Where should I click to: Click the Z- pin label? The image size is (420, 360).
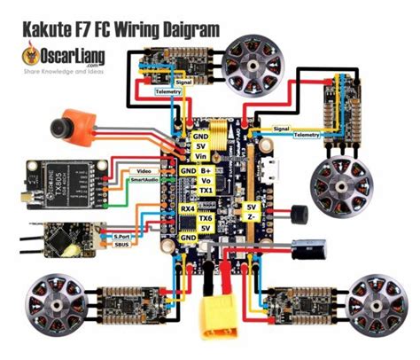(x=252, y=218)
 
